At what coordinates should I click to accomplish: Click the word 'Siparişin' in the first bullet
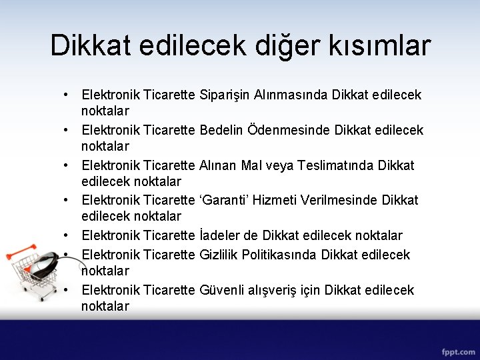(x=225, y=95)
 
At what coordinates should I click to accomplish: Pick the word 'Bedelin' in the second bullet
(x=221, y=129)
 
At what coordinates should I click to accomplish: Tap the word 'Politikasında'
(x=278, y=255)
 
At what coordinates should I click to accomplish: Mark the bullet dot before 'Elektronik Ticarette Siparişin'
(x=68, y=95)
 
